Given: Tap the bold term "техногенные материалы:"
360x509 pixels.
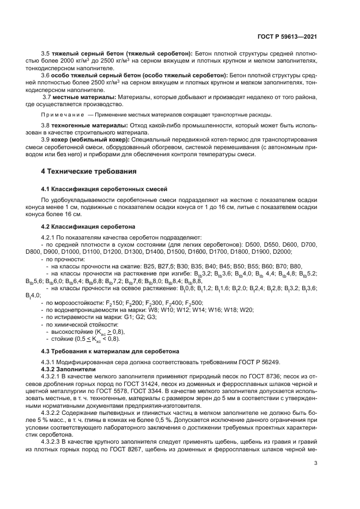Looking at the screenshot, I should tap(84, 125).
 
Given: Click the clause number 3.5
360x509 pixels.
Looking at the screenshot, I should tap(46, 53).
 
